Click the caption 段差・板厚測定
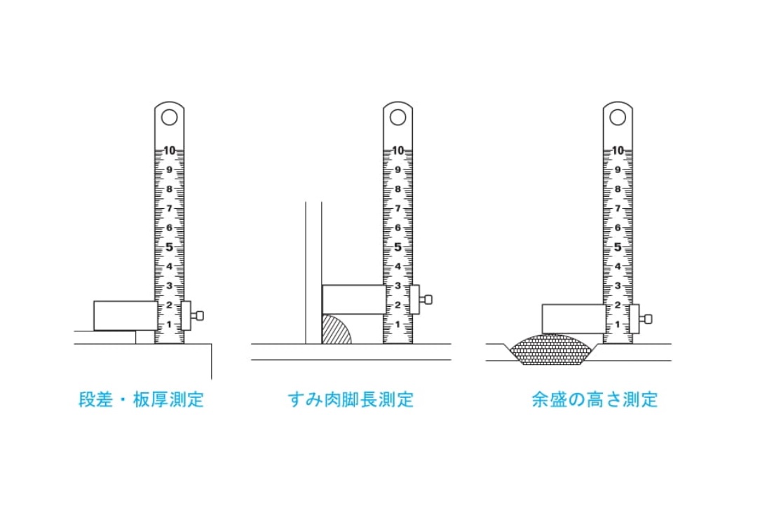tap(142, 399)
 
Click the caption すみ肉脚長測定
tap(351, 399)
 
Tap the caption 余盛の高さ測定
tap(595, 399)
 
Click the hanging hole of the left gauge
tap(169, 118)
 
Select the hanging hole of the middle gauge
tap(398, 118)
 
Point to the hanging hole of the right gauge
tap(618, 118)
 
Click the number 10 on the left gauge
tap(169, 151)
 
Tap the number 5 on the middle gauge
tap(398, 247)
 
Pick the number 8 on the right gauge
tap(618, 189)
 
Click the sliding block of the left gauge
tap(125, 316)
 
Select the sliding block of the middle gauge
tap(353, 300)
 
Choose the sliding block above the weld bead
tap(573, 319)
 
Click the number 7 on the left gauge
tap(169, 209)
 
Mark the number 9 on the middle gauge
tap(398, 170)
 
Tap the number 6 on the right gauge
tap(618, 228)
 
